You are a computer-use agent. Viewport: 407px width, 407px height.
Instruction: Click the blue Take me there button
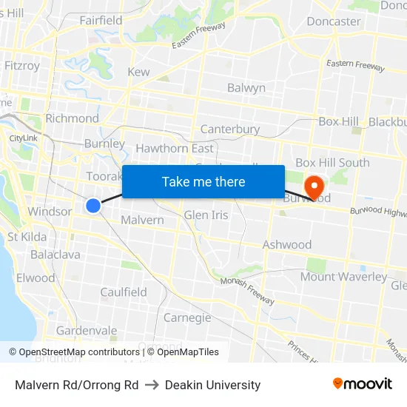203,182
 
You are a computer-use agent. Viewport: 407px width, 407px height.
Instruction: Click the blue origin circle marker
93,206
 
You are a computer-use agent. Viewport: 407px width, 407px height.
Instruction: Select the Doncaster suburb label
334,21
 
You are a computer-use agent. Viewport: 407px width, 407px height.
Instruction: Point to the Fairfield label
101,21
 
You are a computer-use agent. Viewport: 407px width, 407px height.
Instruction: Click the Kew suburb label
138,72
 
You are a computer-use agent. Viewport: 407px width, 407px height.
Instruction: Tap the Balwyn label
246,88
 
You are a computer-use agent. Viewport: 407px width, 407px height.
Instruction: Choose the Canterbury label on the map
230,129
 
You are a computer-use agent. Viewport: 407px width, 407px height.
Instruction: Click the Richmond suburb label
72,118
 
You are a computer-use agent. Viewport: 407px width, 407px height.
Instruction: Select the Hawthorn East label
175,149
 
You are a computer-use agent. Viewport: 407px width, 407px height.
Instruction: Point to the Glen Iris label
206,215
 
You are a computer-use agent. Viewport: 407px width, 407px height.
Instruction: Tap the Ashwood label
287,245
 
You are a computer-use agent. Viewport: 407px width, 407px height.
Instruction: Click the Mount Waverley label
343,277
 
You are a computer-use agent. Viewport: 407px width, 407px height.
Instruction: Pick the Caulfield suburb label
124,292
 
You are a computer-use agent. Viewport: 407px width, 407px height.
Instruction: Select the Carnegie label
187,318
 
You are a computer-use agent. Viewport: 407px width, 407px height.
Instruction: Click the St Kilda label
27,237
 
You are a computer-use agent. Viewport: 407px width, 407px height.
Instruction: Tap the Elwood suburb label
36,278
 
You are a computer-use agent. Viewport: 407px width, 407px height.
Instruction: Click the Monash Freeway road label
247,290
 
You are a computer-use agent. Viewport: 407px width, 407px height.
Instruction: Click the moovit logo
362,384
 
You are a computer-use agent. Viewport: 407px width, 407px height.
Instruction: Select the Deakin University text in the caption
213,385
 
